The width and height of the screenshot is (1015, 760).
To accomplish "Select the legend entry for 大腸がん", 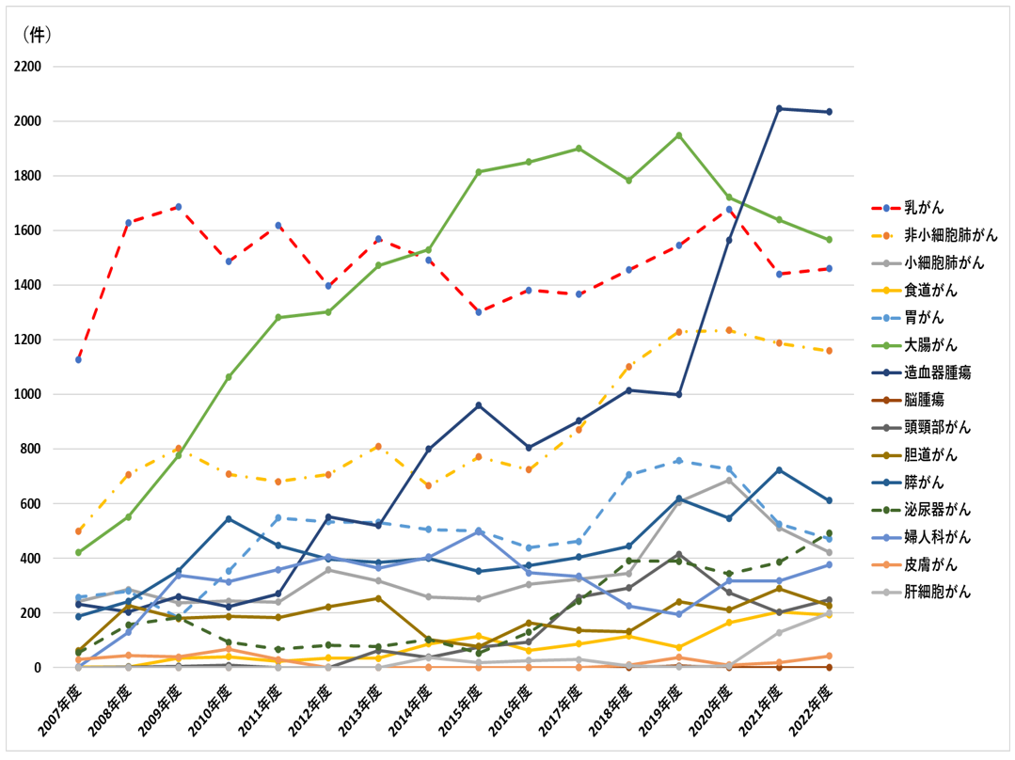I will click(930, 345).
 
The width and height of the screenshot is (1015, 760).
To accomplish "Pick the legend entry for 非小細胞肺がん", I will click(950, 235).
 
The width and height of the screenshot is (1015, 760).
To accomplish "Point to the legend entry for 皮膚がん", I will click(930, 564).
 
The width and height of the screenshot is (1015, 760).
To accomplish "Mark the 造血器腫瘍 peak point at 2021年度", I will click(779, 108).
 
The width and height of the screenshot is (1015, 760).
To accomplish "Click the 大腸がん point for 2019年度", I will click(679, 135).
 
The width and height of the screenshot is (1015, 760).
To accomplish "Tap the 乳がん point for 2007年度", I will click(78, 359).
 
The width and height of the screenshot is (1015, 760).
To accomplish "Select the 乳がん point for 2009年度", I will click(178, 207).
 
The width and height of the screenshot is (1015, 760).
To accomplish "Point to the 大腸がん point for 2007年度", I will click(78, 552).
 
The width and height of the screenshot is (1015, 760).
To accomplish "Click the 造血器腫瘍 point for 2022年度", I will click(829, 112).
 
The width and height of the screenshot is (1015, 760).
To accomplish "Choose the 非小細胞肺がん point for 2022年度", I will click(829, 351).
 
